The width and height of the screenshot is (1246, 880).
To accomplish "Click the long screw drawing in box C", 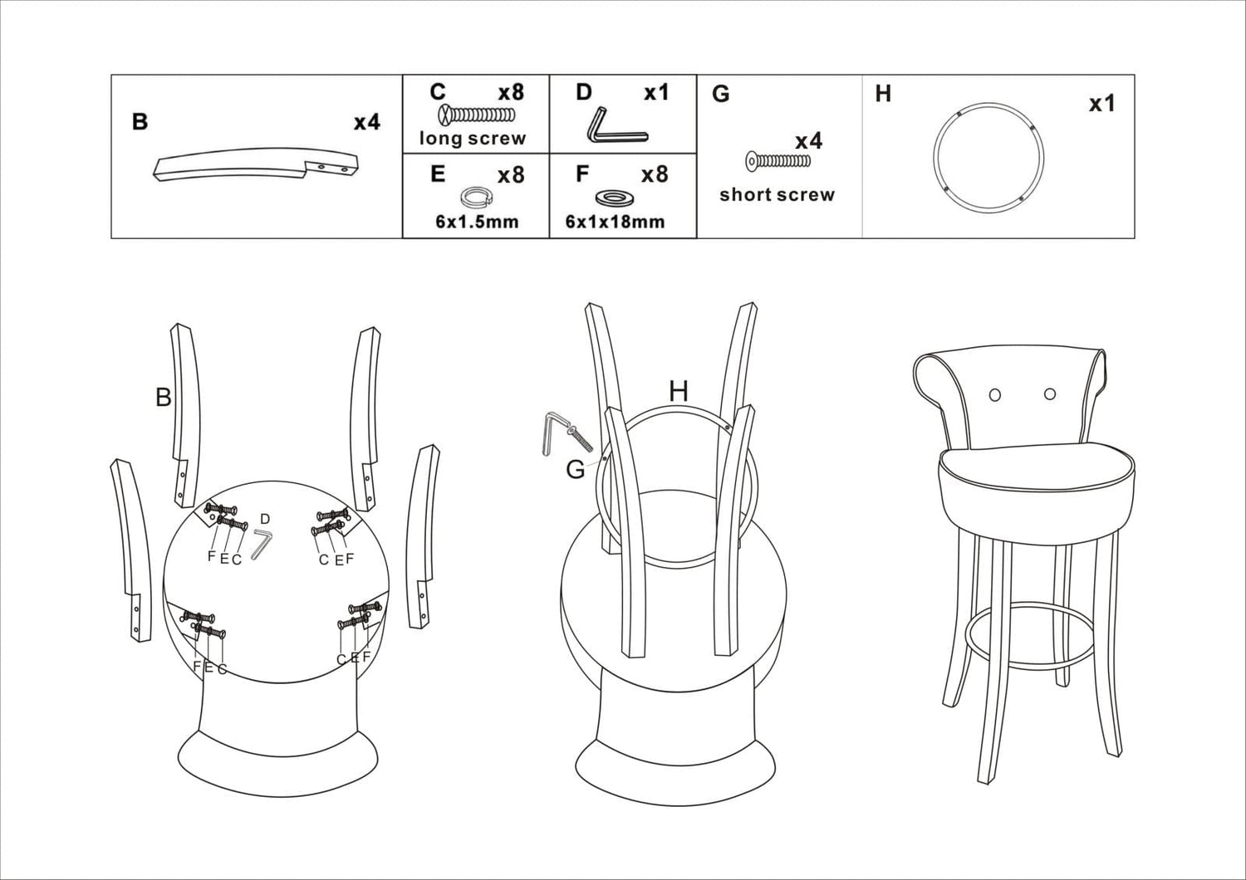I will click(x=477, y=115).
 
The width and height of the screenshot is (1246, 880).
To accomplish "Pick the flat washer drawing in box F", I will click(x=615, y=198).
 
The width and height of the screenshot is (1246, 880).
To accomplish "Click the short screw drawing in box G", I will click(x=778, y=160).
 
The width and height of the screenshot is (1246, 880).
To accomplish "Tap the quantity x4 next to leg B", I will click(x=366, y=122).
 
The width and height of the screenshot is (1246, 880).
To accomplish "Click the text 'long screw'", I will click(x=472, y=139).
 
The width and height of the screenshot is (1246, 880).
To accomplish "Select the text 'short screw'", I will click(x=777, y=195).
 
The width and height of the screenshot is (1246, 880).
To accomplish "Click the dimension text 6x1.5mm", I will click(x=477, y=222).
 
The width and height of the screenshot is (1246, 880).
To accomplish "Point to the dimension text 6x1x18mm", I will click(x=615, y=222).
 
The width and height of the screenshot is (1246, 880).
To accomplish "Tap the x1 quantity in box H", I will click(x=1101, y=104).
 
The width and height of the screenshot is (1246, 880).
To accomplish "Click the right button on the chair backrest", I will click(x=1049, y=394).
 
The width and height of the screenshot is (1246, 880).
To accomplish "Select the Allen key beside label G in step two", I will click(x=550, y=435).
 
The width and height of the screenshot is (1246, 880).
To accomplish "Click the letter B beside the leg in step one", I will click(x=163, y=398).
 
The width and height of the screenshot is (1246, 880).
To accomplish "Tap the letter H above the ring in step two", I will click(x=679, y=391).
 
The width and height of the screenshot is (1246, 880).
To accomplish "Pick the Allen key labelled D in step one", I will click(x=262, y=545).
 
